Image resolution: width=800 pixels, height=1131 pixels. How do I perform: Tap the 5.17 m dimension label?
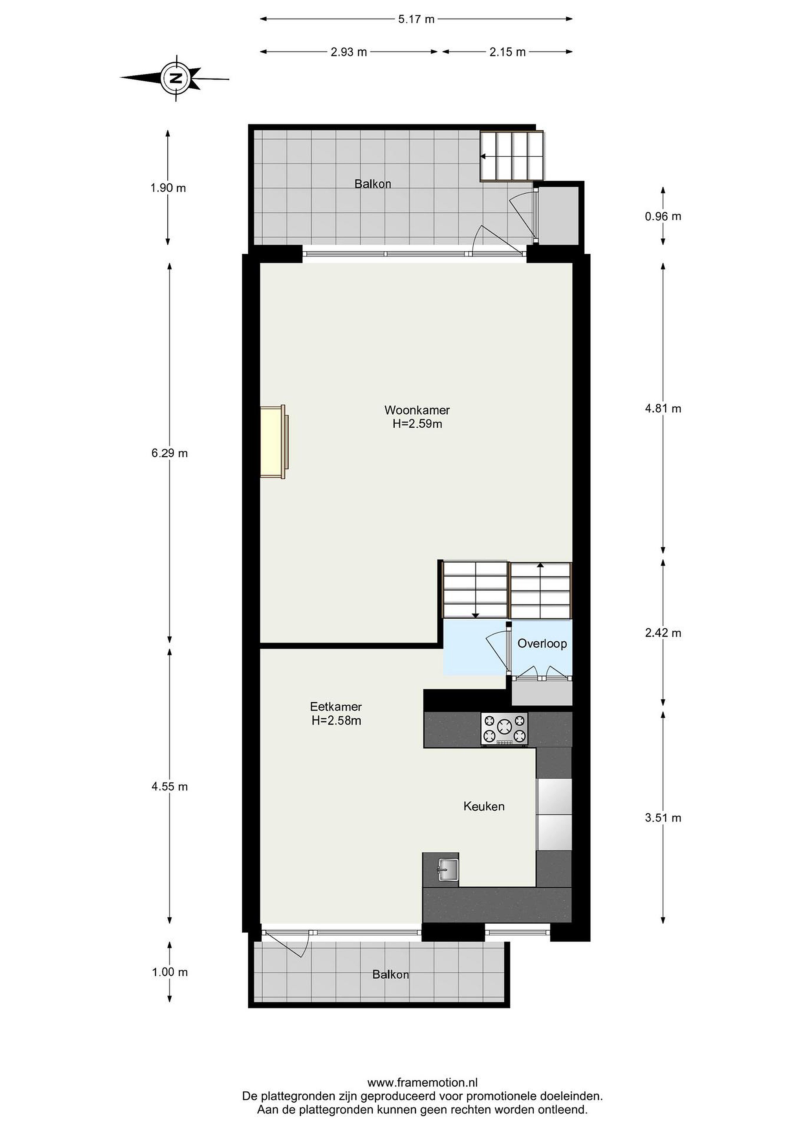(416, 19)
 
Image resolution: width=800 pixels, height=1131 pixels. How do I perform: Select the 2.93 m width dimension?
(349, 52)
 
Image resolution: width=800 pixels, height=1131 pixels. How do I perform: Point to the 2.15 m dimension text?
(507, 52)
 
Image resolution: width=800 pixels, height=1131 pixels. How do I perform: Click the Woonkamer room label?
(417, 410)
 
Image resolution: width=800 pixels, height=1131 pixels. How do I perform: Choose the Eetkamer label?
(336, 706)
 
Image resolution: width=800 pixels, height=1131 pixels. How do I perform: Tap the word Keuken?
(484, 806)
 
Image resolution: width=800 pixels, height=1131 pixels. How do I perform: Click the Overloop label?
(542, 643)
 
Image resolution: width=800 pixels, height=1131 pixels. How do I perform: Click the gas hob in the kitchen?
(504, 728)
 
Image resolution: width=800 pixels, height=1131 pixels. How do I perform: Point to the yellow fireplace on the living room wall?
(273, 442)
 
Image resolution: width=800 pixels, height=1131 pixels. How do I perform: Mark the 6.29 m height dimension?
(169, 453)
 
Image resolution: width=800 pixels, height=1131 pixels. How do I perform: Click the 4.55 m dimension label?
(169, 787)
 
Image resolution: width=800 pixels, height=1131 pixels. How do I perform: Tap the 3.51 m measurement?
(663, 818)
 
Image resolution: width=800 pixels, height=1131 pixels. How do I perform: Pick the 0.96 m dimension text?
(663, 216)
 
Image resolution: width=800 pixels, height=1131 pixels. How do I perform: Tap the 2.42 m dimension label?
(663, 633)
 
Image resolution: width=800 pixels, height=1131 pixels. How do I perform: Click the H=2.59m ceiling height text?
(417, 424)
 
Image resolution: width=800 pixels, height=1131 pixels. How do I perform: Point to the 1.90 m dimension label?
(168, 188)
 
